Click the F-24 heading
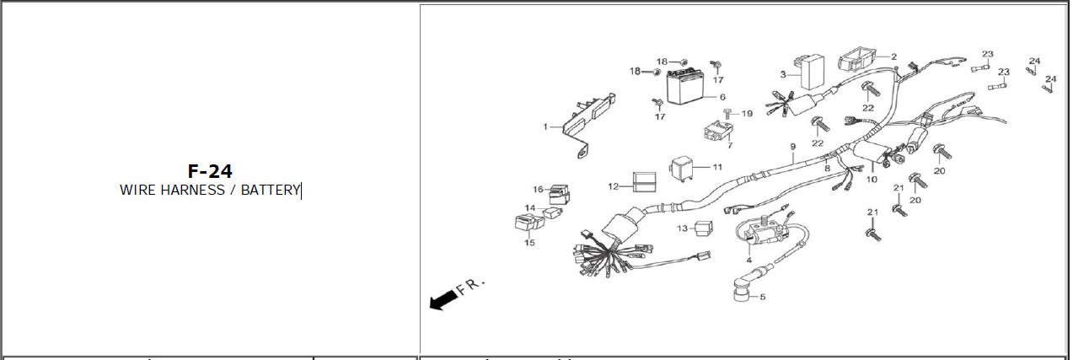point(210,171)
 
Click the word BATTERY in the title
point(271,190)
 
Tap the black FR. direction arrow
point(443,300)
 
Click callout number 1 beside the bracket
point(545,126)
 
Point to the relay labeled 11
point(682,169)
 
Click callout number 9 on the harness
point(793,146)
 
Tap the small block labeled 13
point(704,228)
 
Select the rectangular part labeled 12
point(644,181)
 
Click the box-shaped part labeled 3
point(812,72)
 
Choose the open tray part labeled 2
point(857,57)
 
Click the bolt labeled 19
point(728,114)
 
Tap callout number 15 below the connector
point(529,243)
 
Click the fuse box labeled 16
point(559,194)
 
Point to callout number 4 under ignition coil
point(748,260)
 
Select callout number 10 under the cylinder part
point(872,180)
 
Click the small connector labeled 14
point(553,212)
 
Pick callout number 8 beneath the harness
point(827,169)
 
